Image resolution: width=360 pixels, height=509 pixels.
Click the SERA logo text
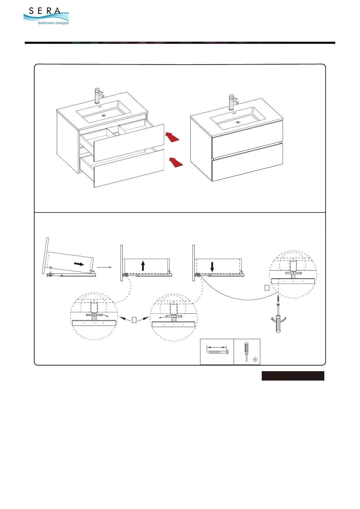(x=45, y=11)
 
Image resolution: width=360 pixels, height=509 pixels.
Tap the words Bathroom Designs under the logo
(x=53, y=23)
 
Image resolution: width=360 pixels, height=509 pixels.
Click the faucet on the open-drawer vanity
(x=98, y=95)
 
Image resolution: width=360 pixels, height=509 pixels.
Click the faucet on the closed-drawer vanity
(x=232, y=102)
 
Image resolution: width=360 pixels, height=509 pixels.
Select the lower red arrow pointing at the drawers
(x=176, y=162)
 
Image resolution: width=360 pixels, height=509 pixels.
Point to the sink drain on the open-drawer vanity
(x=104, y=115)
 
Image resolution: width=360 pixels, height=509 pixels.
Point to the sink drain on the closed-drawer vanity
(x=238, y=122)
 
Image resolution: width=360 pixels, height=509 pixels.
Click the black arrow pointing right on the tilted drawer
(x=79, y=264)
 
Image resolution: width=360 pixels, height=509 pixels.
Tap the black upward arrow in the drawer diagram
(x=143, y=266)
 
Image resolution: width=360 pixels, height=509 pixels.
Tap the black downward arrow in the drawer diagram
(x=212, y=266)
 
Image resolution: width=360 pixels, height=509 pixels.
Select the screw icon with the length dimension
(x=217, y=352)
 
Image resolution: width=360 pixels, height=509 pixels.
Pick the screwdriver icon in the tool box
(x=246, y=351)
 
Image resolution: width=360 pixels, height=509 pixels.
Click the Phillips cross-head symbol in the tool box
(x=255, y=359)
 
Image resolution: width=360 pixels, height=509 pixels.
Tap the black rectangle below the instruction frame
(x=293, y=376)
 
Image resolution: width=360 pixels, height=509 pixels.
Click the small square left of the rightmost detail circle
(x=267, y=288)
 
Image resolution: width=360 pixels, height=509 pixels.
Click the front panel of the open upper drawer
(x=129, y=142)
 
